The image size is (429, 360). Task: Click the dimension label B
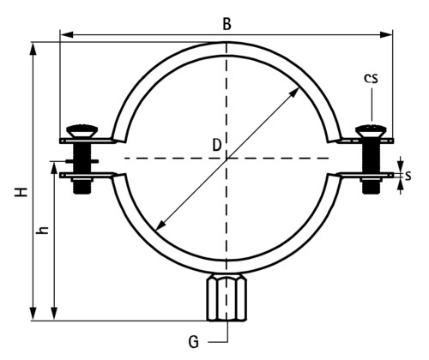point(227,24)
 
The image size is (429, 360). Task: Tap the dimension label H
point(21,192)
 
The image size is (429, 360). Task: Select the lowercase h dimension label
point(43,230)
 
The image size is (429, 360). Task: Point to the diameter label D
point(217,145)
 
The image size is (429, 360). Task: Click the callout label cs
point(371,78)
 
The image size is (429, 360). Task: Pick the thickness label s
point(408,176)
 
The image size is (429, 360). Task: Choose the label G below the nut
point(194,342)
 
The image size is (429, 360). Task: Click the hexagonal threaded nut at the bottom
point(227,297)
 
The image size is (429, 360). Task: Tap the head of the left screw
point(82,130)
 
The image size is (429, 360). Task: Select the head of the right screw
point(371,131)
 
